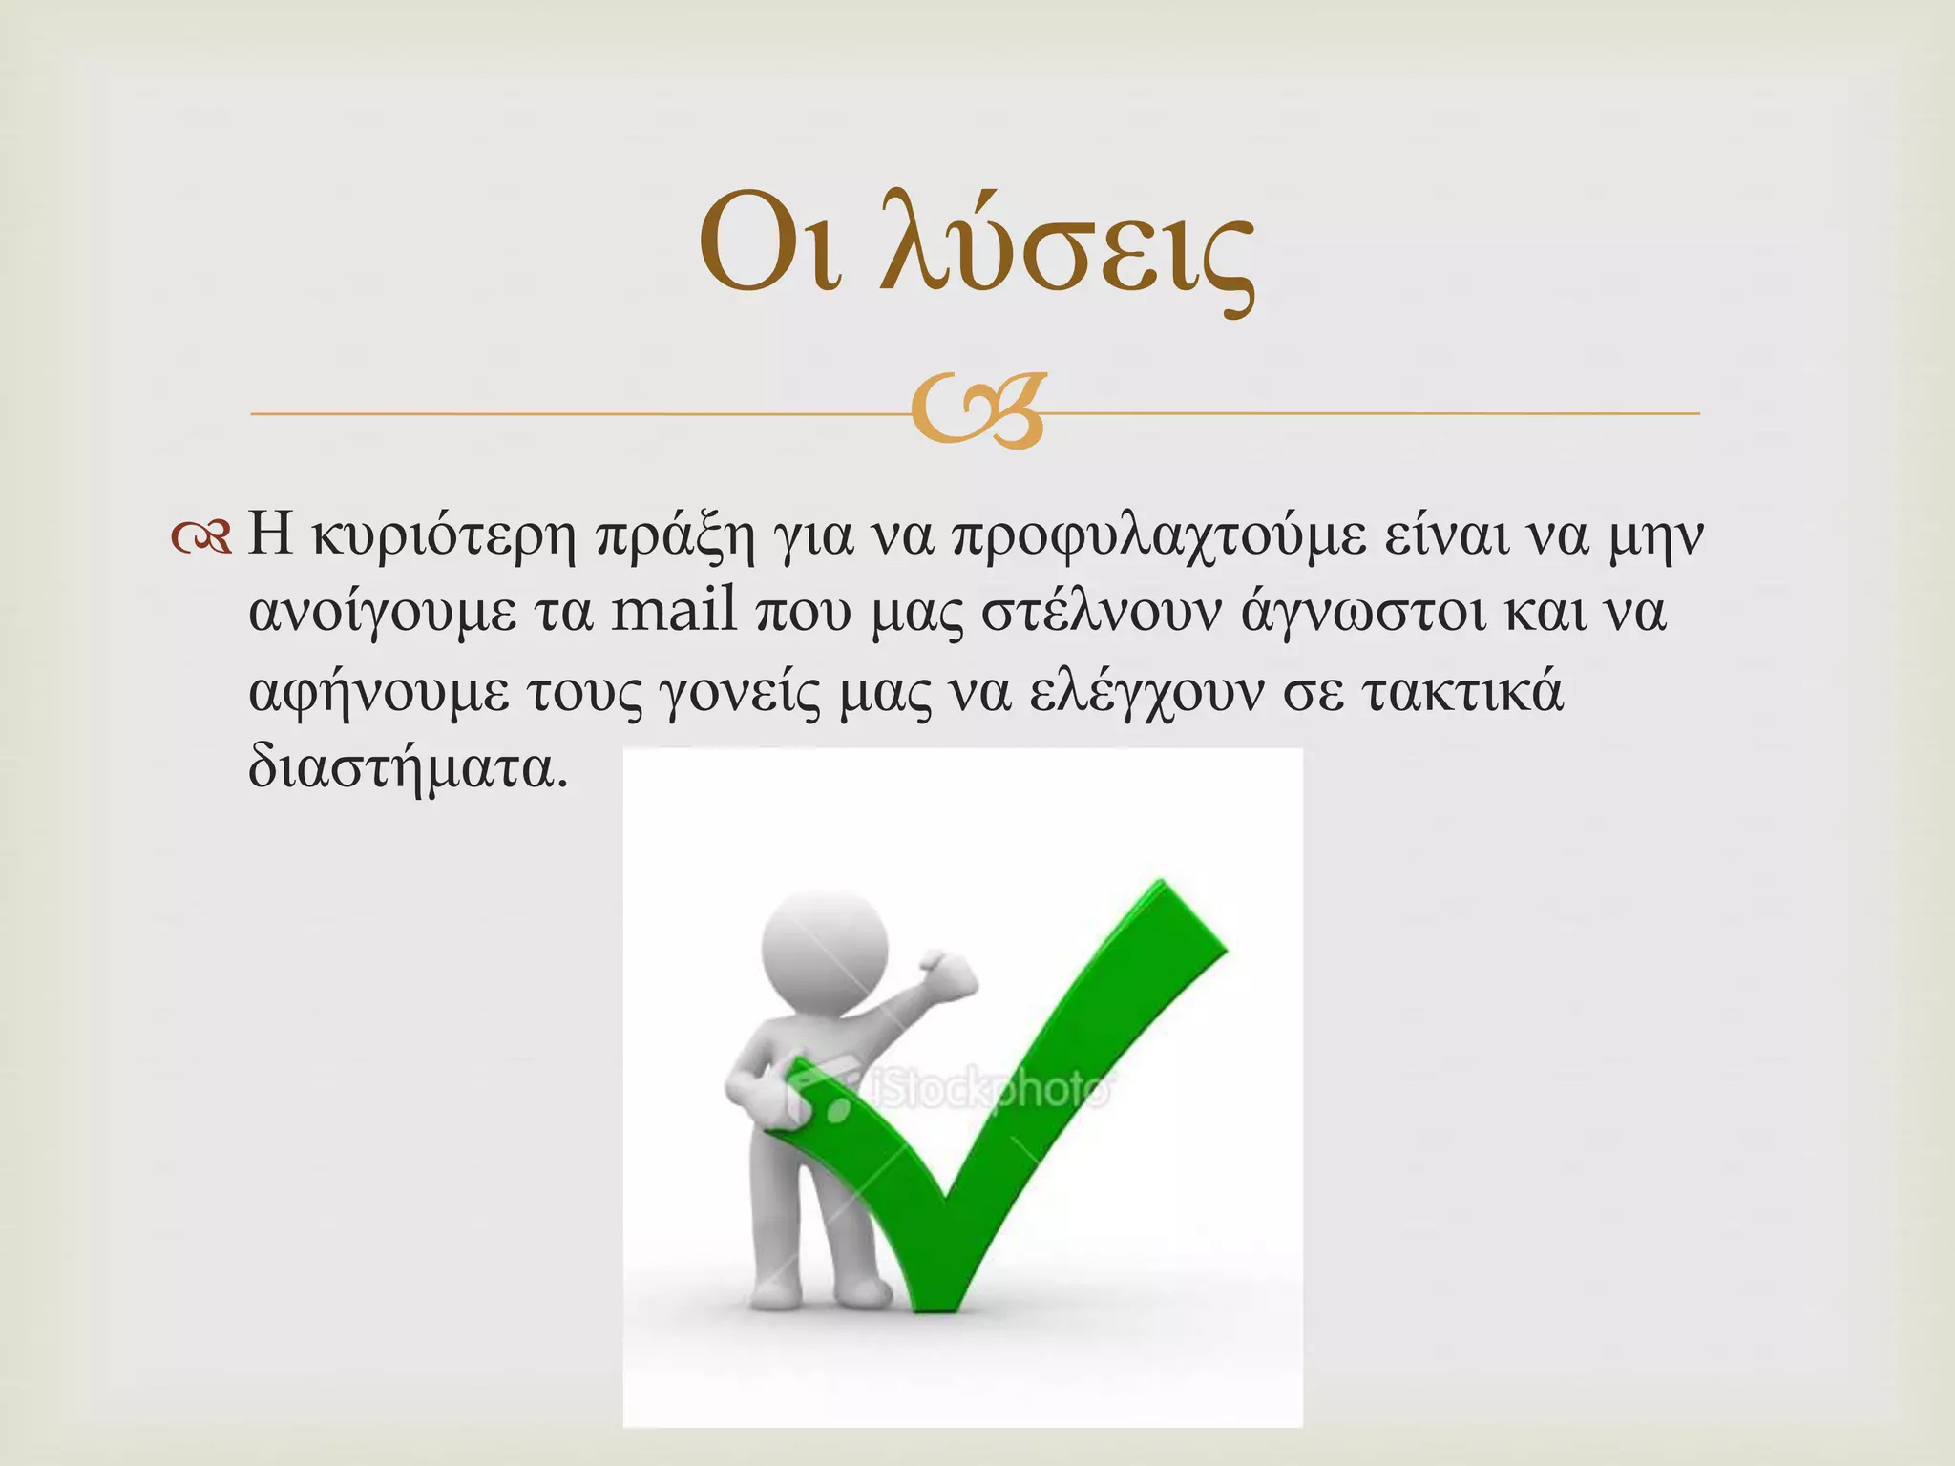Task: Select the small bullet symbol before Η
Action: pos(201,540)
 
